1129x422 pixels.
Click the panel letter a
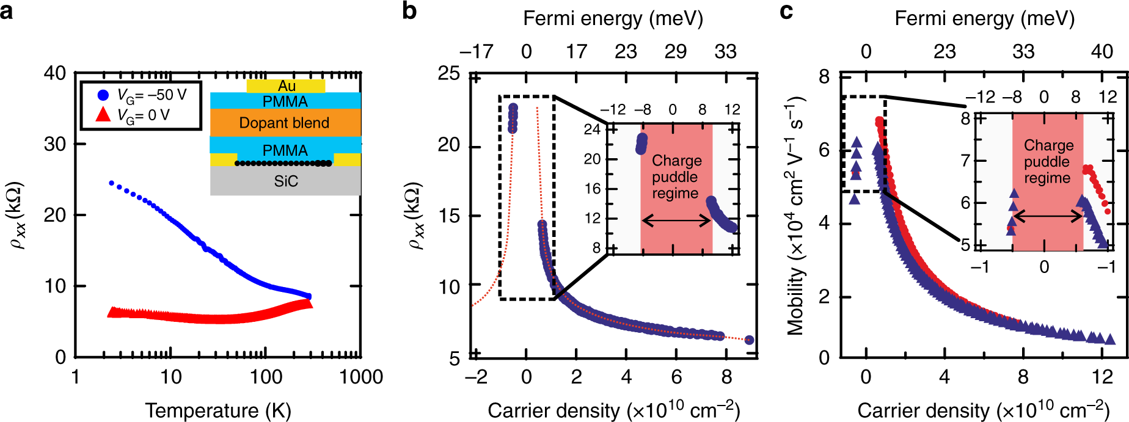point(7,11)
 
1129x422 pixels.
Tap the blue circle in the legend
point(103,95)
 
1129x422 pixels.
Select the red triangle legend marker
point(103,114)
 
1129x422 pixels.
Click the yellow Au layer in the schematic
point(286,86)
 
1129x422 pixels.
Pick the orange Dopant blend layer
point(285,123)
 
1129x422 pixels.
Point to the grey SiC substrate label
point(285,181)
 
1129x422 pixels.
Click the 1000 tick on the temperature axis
point(360,377)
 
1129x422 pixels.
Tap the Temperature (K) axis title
point(218,410)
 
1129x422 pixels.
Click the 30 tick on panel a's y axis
point(55,144)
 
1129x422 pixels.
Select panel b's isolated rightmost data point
point(749,340)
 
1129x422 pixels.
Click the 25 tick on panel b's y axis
point(449,75)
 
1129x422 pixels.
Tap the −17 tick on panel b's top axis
point(476,51)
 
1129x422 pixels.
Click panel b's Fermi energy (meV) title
point(613,18)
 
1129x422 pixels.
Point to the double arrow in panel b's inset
point(676,220)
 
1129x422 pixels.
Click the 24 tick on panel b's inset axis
point(592,129)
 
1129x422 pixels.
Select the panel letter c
point(786,11)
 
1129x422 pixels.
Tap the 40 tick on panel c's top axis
point(1102,51)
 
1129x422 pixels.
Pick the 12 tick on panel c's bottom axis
point(1102,377)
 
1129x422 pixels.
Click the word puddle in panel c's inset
point(1047,162)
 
